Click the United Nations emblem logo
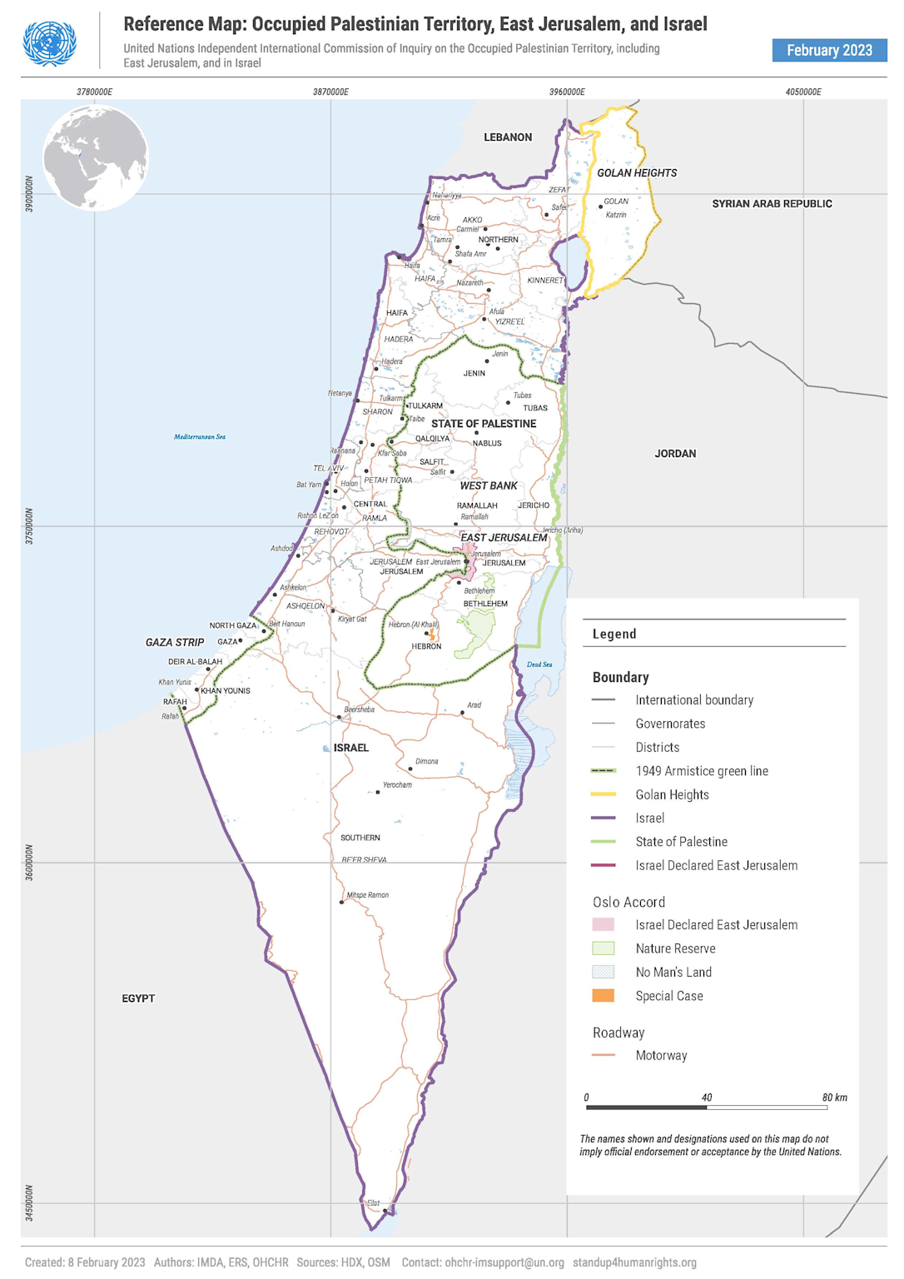pos(50,42)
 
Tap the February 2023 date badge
pos(829,50)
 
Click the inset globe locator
pos(96,157)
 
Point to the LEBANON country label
pos(507,137)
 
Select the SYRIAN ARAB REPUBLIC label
pos(772,204)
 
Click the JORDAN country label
pos(675,454)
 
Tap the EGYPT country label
pos(138,998)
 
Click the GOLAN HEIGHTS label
pos(637,173)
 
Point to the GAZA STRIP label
pos(175,643)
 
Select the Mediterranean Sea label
pos(200,437)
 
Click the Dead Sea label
pos(539,664)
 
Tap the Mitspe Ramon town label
pos(367,895)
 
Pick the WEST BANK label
pos(489,486)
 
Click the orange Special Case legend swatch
pos(603,996)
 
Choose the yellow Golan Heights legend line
pos(603,794)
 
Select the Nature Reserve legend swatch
pos(603,948)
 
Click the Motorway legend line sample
pos(603,1055)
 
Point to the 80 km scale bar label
pos(835,1097)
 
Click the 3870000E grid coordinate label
pos(330,92)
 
